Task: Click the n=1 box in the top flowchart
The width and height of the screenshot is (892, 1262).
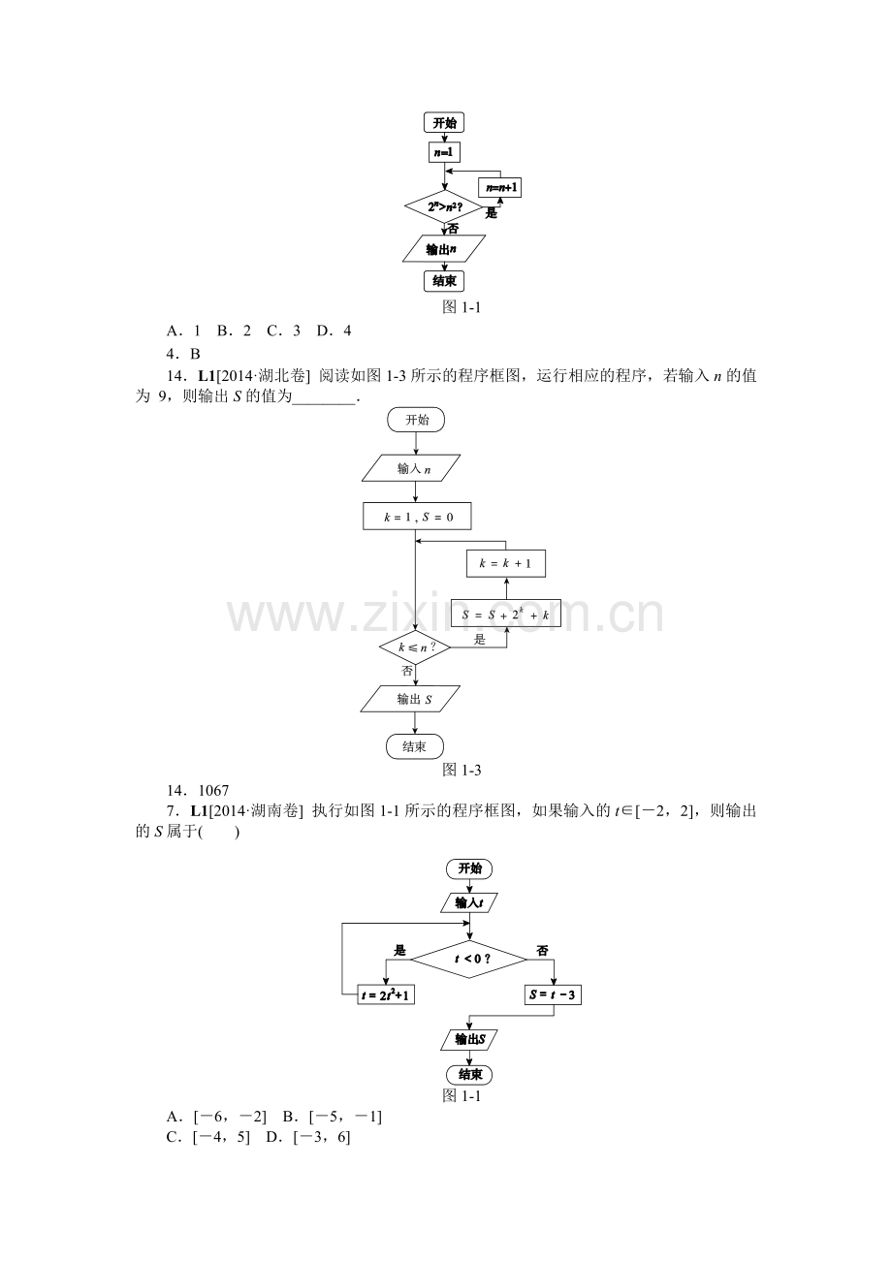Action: (444, 152)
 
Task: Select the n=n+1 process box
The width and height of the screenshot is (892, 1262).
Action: (500, 187)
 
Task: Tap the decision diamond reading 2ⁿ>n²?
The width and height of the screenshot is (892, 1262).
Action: (444, 206)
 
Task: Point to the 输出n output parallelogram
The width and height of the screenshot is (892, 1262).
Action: (444, 248)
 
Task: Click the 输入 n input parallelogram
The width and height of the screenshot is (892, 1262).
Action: (411, 468)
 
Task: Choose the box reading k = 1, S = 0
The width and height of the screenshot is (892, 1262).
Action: (417, 517)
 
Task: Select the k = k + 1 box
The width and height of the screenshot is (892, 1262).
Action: (506, 563)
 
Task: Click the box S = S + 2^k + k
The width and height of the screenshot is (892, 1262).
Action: (506, 614)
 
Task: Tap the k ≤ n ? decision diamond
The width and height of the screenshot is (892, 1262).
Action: (415, 647)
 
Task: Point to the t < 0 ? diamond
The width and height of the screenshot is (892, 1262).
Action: (469, 959)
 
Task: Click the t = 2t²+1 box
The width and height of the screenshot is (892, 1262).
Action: (386, 994)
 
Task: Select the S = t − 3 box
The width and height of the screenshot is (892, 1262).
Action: (553, 994)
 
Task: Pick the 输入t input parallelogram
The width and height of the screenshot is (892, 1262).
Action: (469, 902)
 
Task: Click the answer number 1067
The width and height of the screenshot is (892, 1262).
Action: (213, 790)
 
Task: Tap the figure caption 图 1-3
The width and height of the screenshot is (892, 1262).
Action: (462, 771)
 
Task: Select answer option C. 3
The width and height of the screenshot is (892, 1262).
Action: (284, 331)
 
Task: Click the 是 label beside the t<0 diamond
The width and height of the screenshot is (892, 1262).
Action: (399, 951)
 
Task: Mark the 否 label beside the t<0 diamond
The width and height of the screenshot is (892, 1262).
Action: (543, 951)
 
